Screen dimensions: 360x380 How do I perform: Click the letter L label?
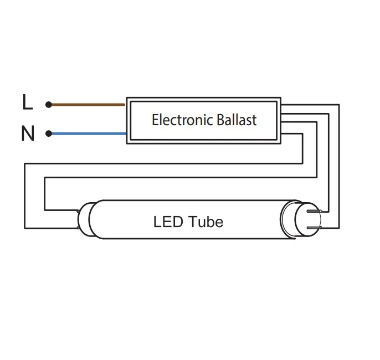tap(27, 102)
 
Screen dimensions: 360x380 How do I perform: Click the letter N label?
tap(27, 133)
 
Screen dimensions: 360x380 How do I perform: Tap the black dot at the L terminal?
tap(49, 104)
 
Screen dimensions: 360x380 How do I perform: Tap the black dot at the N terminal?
tap(49, 133)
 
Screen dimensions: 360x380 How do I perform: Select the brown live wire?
tap(89, 104)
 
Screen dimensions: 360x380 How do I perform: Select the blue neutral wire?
tap(89, 133)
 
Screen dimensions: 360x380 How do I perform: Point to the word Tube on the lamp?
tap(206, 222)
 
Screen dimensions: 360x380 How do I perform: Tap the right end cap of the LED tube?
tap(292, 219)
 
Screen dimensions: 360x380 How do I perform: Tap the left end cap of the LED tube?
tap(86, 219)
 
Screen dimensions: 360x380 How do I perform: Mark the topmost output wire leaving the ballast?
tap(310, 104)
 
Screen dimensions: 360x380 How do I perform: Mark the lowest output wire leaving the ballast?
tap(292, 133)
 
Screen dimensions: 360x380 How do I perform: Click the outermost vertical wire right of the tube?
tap(339, 166)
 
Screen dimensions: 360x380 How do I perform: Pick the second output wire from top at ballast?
tap(305, 114)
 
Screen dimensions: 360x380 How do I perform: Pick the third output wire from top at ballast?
tap(299, 124)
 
